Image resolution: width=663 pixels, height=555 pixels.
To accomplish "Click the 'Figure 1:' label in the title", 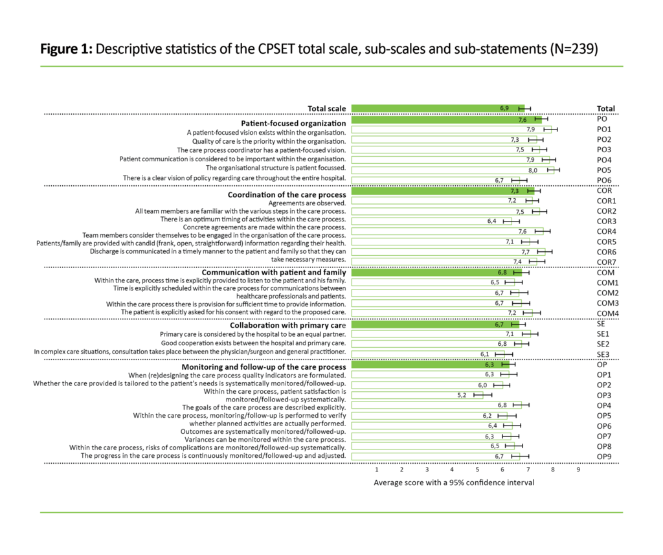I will (67, 49).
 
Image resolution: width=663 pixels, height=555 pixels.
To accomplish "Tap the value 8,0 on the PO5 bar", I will (533, 169).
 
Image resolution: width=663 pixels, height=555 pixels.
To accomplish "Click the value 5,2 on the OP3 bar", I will (462, 394).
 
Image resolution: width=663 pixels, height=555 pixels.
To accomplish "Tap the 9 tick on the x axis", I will (578, 470).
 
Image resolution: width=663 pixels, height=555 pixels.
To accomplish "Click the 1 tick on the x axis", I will (377, 470).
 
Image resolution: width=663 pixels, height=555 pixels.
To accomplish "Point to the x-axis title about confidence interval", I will (454, 482).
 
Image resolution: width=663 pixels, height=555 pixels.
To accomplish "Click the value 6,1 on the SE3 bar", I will (485, 354).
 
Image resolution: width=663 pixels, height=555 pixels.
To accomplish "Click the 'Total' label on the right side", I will (605, 109).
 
